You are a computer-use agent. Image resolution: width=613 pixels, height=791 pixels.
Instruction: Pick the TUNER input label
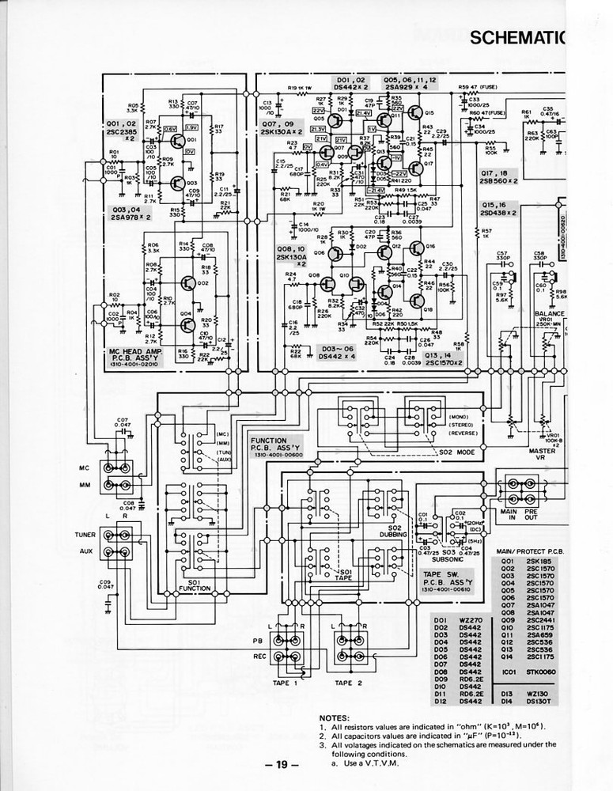click(85, 535)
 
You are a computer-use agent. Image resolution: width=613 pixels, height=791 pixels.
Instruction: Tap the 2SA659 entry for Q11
click(542, 634)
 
